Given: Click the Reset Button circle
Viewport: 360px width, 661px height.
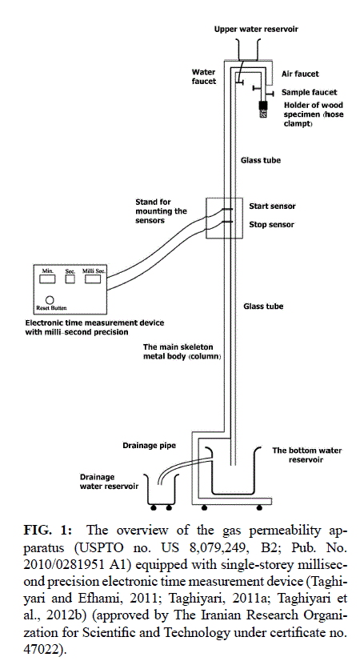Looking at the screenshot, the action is point(50,300).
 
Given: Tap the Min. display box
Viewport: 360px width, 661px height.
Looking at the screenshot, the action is point(47,279).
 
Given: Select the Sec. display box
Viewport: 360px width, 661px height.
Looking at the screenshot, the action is point(70,279).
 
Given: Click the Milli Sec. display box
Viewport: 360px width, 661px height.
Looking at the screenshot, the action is point(93,279).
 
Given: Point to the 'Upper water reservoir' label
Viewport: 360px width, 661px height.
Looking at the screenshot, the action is point(256,29).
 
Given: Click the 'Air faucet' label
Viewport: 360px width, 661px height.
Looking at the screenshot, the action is point(300,74).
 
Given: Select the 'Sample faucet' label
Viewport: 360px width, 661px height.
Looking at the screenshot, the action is point(310,92).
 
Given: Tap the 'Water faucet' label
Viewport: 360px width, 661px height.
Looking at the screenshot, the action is point(204,77).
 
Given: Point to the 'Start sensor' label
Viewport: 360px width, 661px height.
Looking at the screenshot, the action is point(272,206).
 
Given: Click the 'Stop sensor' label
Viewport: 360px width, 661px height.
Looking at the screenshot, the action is point(271,224).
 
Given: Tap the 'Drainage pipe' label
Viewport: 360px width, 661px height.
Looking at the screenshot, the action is point(150,446).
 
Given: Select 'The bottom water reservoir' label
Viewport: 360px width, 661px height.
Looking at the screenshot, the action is point(307,455).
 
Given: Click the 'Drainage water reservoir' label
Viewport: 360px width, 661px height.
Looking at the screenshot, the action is point(109,482).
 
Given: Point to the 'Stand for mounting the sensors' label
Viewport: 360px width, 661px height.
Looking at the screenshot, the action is point(161,210).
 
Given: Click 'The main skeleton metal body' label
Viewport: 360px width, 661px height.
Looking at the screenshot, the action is point(182,351).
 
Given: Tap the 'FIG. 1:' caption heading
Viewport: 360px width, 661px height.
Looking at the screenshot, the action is point(47,531).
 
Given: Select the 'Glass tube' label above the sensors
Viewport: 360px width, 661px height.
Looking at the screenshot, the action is point(261,160).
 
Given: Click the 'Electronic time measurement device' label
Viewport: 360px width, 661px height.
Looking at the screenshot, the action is point(95,323).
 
